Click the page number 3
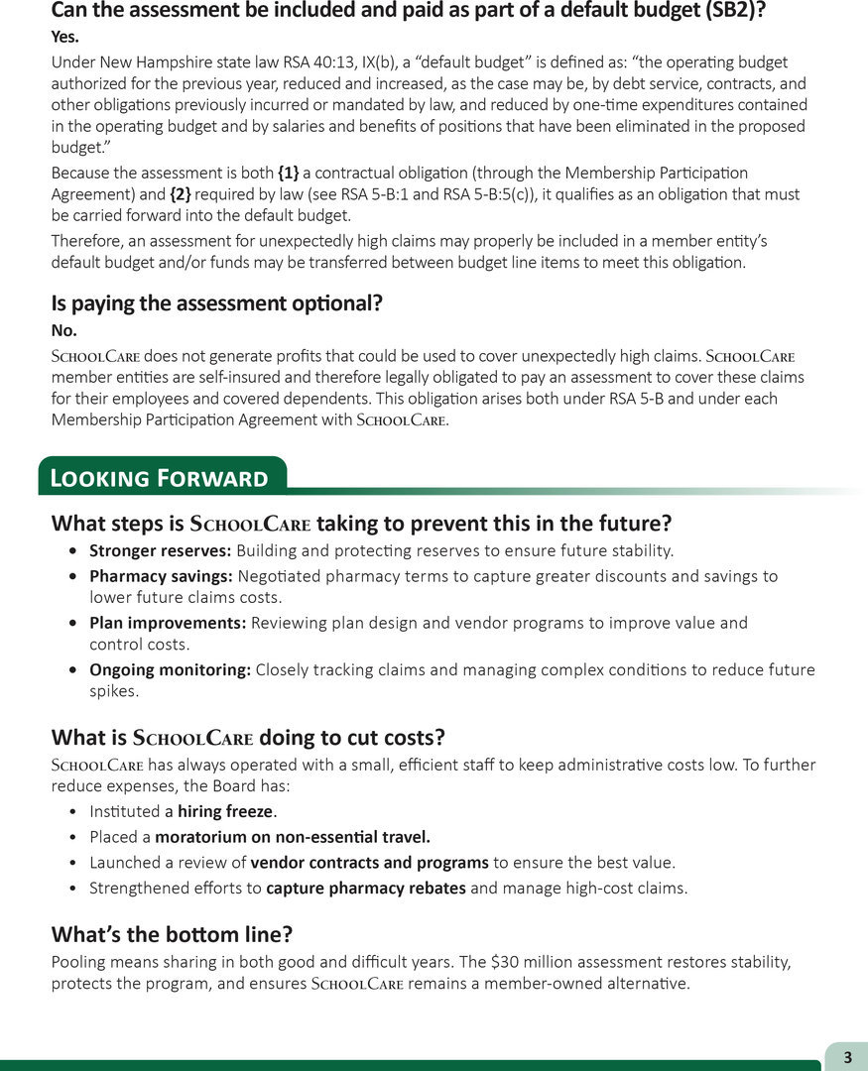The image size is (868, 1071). pos(847,1057)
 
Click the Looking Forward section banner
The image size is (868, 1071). pos(159,478)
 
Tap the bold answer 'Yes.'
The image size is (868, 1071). pos(65,37)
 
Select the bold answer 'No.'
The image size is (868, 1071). pos(63,330)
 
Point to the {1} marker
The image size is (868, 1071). pos(288,174)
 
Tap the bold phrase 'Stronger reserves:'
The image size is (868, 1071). pos(161,550)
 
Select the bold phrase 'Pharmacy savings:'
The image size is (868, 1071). pos(161,576)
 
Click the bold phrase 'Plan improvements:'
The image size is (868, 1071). pos(168,623)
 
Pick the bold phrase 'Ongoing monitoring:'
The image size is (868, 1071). pos(170,669)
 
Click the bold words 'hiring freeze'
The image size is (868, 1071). pos(225,811)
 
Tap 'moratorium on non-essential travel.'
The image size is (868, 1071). pos(293,837)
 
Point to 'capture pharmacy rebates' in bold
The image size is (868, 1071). pos(366,888)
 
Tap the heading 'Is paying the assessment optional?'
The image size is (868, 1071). pos(216,303)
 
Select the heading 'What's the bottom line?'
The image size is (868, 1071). pos(172,934)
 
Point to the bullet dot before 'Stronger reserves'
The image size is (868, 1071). pos(75,551)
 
